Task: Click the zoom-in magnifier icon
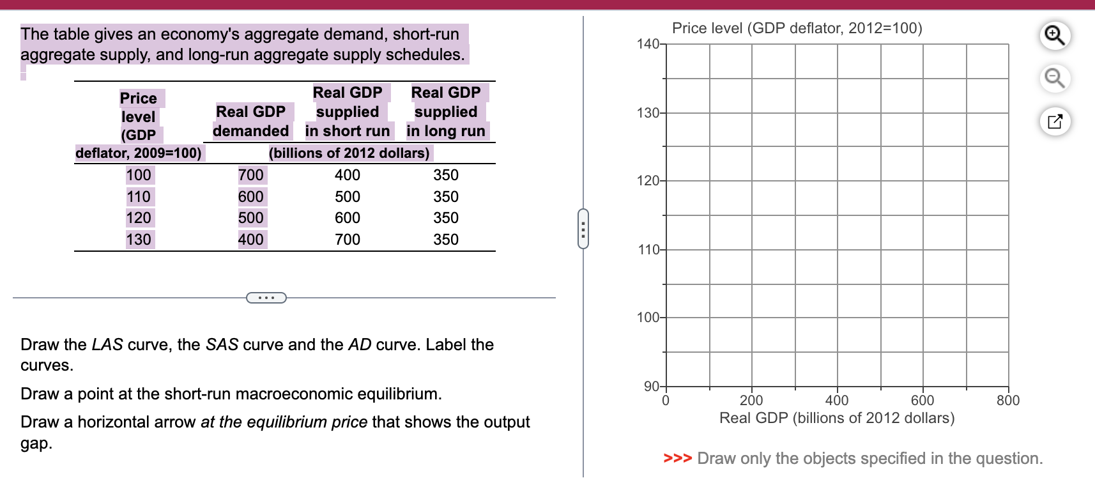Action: tap(1055, 35)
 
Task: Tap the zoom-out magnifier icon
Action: tap(1055, 78)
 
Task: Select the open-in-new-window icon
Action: tap(1055, 121)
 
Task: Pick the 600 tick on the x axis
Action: tap(923, 400)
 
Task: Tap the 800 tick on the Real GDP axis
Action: tap(1008, 400)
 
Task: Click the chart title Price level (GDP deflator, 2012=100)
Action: tap(797, 28)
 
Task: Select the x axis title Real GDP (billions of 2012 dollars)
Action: tap(837, 418)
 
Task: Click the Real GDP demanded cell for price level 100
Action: tap(250, 175)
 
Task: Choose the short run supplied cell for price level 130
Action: tap(348, 240)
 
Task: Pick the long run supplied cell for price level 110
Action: tap(446, 197)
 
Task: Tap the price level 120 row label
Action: tap(139, 218)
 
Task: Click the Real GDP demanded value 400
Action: tap(250, 240)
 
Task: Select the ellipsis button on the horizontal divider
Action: tap(266, 298)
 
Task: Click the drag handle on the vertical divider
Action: tap(583, 228)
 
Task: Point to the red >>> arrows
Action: tap(677, 458)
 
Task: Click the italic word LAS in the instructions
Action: tap(107, 344)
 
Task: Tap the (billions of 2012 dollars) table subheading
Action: tap(349, 153)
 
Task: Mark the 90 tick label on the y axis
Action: tap(652, 386)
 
